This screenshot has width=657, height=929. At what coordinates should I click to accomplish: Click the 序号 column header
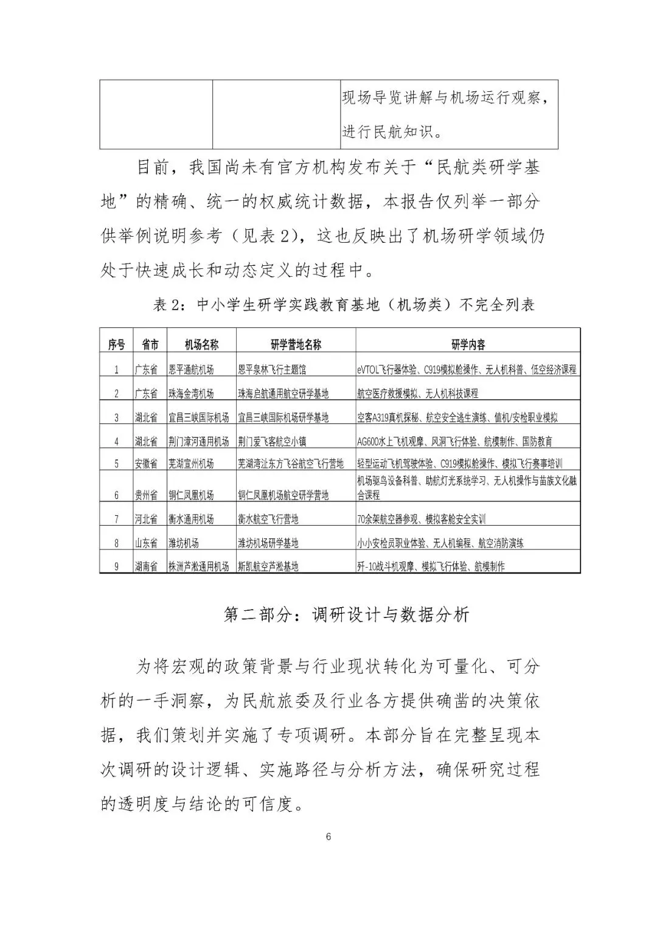point(116,345)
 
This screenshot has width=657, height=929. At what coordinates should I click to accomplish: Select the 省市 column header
point(150,345)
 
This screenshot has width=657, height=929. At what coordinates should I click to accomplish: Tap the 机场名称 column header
point(201,345)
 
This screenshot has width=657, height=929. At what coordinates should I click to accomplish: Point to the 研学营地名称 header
point(296,345)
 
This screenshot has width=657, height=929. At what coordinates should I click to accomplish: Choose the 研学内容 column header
point(468,345)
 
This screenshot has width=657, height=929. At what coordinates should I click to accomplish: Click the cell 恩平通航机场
point(191,369)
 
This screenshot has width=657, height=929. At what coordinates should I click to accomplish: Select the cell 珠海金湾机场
point(191,394)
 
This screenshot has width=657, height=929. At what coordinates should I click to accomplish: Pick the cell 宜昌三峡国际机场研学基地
point(283,417)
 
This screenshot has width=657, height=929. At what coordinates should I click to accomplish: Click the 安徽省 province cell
point(146,464)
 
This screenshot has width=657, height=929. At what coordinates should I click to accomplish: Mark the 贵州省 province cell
point(146,495)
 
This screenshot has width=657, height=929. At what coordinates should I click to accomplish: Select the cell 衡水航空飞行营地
point(268,519)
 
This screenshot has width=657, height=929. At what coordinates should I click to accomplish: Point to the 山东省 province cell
point(146,543)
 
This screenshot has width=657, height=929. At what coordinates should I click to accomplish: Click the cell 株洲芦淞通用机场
point(199,566)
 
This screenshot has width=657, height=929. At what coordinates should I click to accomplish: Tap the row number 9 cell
point(116,566)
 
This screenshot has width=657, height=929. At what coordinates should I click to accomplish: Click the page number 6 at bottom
point(328,836)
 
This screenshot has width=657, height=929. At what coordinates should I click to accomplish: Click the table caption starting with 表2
point(344,305)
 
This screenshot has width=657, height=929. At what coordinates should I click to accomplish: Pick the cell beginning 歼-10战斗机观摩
point(431,566)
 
